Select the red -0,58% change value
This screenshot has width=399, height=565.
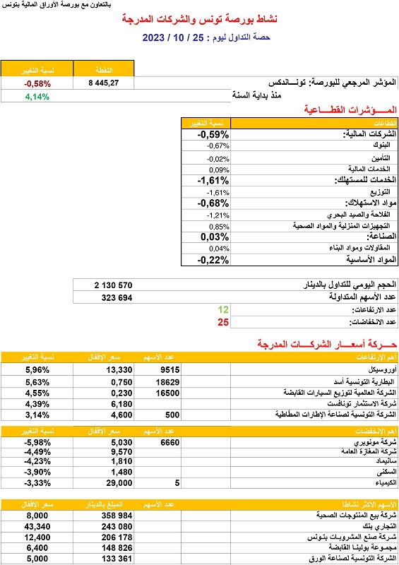pos(37,83)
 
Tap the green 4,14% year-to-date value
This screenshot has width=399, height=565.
pos(37,96)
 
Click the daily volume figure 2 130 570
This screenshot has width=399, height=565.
pos(113,285)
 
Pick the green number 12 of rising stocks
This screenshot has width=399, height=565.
pos(224,310)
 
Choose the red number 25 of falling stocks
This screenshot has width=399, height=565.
pos(224,322)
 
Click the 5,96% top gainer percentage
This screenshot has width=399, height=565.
pos(37,369)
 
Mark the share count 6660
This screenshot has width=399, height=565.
pos(169,442)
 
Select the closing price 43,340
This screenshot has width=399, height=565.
pos(37,527)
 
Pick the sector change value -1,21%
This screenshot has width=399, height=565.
pos(218,214)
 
